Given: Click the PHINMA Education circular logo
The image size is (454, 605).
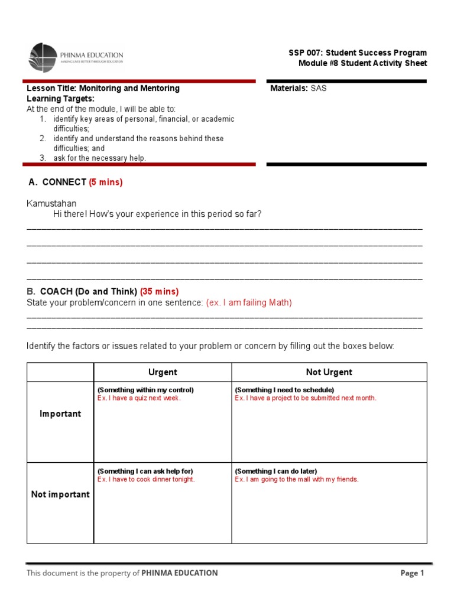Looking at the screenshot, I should (x=43, y=57).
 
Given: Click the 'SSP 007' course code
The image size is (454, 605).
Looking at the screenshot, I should (x=304, y=53).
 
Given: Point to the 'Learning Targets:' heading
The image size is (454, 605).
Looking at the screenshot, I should (x=60, y=99).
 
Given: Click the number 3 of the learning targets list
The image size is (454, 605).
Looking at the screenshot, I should (x=43, y=158).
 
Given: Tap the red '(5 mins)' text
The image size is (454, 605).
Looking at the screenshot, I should (x=106, y=183).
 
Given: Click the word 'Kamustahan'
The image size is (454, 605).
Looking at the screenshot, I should (x=51, y=204).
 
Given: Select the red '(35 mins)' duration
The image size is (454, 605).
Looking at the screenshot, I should (x=159, y=292).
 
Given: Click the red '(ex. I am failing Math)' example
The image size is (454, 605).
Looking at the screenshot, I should (x=249, y=302).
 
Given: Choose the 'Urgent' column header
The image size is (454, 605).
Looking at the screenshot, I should (x=163, y=372).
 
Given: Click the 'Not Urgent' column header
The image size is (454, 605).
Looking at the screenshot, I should (x=329, y=372).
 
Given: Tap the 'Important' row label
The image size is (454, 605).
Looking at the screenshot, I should (x=60, y=414).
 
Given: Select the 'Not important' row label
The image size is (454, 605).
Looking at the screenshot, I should (x=60, y=495).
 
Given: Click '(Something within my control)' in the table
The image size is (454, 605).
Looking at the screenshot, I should (x=145, y=390).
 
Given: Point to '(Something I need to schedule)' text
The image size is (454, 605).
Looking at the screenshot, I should (x=284, y=390).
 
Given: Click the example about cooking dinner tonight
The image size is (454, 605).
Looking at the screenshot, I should (x=146, y=479).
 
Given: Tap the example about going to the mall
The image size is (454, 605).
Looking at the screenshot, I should (x=297, y=479).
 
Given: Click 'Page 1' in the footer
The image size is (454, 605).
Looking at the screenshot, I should (x=412, y=573).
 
